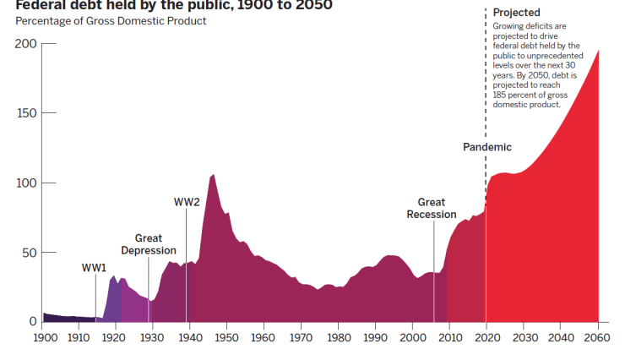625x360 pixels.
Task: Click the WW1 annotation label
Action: click(x=94, y=268)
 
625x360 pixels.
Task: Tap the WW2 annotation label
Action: click(x=187, y=202)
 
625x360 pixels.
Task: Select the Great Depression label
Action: click(x=149, y=244)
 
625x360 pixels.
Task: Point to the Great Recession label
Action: click(x=432, y=209)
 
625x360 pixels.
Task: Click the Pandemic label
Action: click(x=487, y=147)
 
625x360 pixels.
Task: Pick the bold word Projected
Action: click(x=516, y=13)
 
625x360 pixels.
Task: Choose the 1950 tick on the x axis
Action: click(x=226, y=338)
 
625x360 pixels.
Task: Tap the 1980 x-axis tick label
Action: click(x=338, y=338)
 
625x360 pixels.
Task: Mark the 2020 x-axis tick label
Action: click(x=486, y=338)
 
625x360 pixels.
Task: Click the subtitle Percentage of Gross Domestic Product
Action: click(x=111, y=20)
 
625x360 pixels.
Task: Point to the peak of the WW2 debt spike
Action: click(x=213, y=175)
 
